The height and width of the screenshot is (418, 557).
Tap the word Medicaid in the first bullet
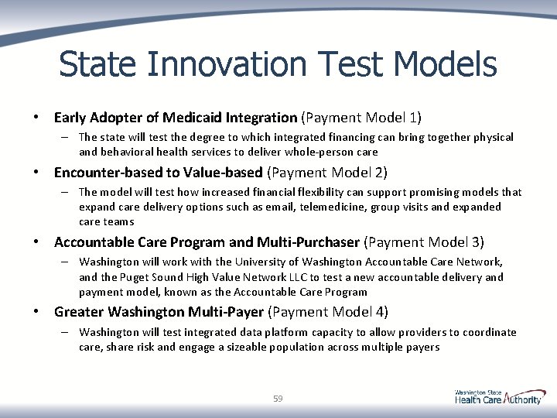click(191, 118)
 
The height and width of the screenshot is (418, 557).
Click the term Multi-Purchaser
click(315, 242)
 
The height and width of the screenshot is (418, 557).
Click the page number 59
click(278, 399)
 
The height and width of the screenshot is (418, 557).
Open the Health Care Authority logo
click(499, 397)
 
